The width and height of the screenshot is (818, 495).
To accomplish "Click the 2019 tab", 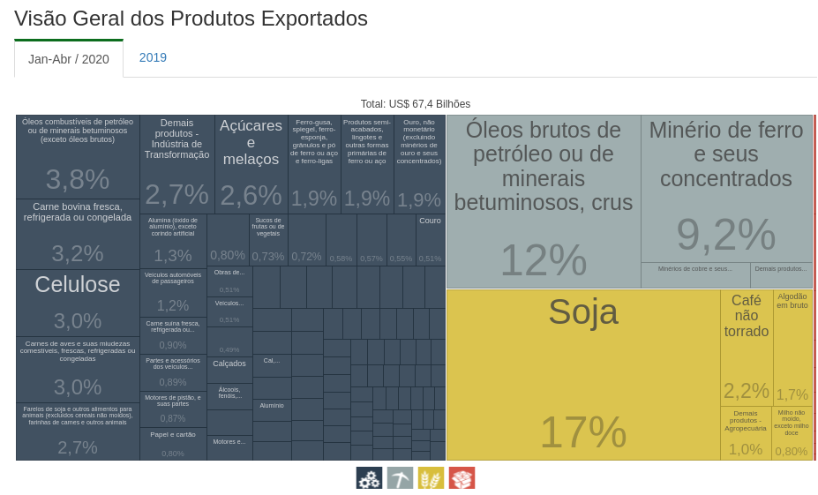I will click(x=153, y=57).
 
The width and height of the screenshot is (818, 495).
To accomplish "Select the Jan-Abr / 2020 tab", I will click(x=69, y=59).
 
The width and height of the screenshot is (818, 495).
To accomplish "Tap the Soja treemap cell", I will click(x=582, y=371).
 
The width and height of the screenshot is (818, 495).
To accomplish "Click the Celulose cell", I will click(x=78, y=303).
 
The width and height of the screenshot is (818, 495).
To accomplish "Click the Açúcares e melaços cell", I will click(x=251, y=164).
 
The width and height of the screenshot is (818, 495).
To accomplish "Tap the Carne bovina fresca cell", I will click(x=78, y=234).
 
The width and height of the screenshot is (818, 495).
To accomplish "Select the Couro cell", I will click(x=430, y=239).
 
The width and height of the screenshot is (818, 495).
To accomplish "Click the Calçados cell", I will click(x=229, y=369).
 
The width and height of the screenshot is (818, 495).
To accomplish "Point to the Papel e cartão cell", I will click(x=173, y=444).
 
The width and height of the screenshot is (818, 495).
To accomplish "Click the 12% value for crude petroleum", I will click(x=543, y=260).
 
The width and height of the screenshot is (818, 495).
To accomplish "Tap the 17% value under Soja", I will click(x=582, y=432).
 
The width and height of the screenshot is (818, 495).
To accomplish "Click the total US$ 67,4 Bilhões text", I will click(x=416, y=104).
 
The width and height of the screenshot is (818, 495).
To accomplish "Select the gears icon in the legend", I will click(x=369, y=478).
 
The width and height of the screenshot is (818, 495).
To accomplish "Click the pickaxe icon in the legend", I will click(x=400, y=478).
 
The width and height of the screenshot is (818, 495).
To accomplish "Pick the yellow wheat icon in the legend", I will click(x=431, y=478).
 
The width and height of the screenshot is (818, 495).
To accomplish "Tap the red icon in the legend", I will click(x=462, y=478).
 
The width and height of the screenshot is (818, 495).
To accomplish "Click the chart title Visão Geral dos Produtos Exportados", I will click(x=191, y=19).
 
